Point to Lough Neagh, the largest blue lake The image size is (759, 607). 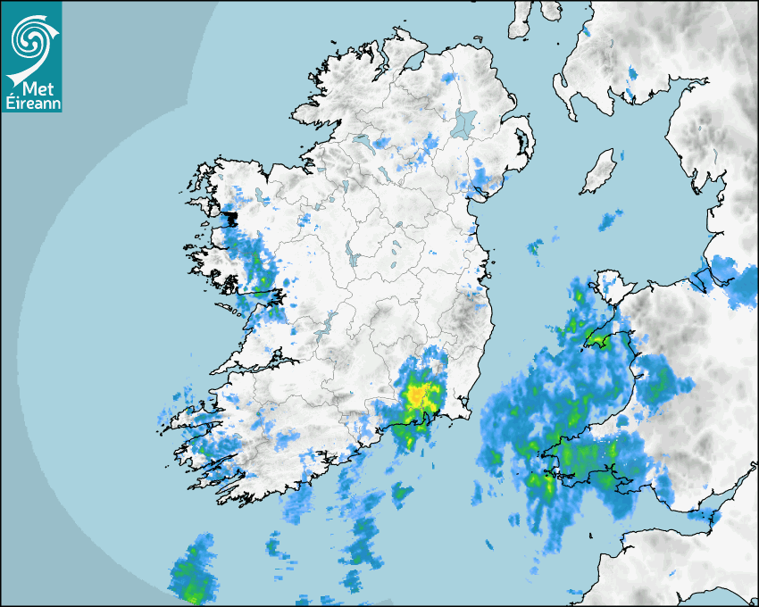click(463, 123)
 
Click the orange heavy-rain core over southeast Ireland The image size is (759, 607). click(419, 394)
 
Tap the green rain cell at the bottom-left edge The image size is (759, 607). click(191, 576)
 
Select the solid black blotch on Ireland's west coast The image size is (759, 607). click(230, 217)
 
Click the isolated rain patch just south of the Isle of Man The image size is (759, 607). click(611, 219)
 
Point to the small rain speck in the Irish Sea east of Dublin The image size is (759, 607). click(535, 246)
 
